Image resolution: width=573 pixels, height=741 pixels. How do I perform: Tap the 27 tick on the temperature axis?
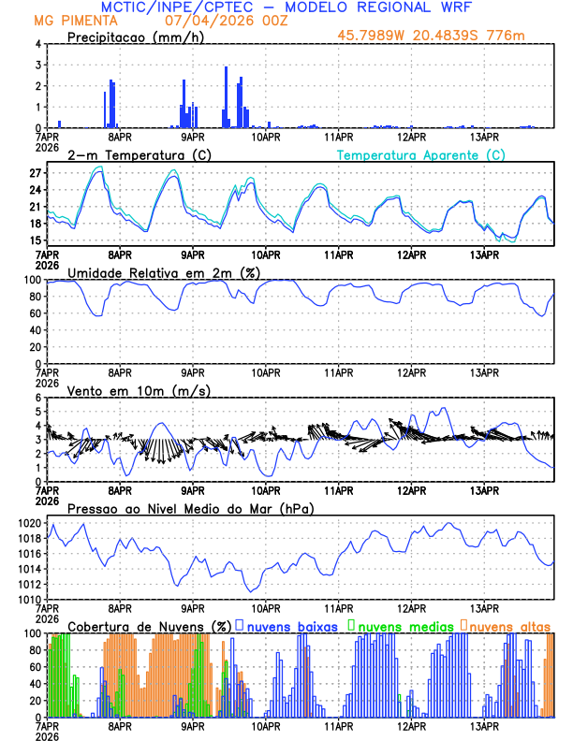35,173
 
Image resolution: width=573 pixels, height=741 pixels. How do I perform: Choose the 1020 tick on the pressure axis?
29,524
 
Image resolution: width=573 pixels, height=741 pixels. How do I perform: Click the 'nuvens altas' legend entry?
510,626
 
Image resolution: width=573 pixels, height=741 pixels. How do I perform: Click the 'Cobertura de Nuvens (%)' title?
149,626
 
